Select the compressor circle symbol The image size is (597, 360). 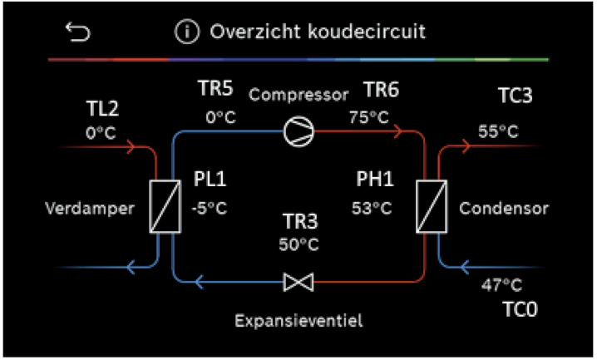pyautogui.click(x=296, y=131)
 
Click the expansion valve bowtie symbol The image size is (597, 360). pyautogui.click(x=297, y=283)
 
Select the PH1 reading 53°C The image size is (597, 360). pyautogui.click(x=369, y=205)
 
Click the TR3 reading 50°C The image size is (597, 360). pyautogui.click(x=298, y=244)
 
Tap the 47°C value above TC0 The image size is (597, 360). pyautogui.click(x=502, y=286)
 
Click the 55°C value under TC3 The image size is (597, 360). pyautogui.click(x=498, y=131)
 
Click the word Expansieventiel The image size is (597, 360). pyautogui.click(x=299, y=320)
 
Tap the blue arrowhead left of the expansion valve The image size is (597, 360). pyautogui.click(x=199, y=283)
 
